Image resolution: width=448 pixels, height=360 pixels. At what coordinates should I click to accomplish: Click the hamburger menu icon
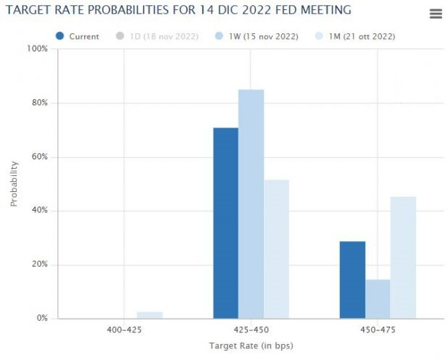click(x=436, y=14)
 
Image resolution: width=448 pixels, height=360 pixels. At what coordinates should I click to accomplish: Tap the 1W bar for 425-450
click(x=251, y=204)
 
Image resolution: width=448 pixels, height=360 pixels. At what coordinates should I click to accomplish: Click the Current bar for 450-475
click(x=352, y=280)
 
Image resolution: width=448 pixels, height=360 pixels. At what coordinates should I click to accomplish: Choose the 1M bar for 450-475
click(x=403, y=257)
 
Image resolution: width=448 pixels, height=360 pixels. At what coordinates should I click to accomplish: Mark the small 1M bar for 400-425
click(x=149, y=314)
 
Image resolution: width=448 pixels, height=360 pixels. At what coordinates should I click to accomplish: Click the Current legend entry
click(x=78, y=36)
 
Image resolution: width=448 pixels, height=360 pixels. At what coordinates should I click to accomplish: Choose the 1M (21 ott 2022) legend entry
click(x=357, y=36)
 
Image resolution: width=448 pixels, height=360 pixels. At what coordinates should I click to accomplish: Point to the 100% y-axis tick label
click(x=37, y=49)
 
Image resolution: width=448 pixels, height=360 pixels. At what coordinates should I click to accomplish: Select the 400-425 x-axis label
click(x=124, y=330)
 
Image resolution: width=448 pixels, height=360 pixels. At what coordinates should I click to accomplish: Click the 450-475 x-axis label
click(x=378, y=330)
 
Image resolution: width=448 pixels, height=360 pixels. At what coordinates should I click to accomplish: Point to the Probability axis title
click(x=14, y=183)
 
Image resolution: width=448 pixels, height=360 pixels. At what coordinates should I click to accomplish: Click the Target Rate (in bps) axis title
click(x=250, y=346)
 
